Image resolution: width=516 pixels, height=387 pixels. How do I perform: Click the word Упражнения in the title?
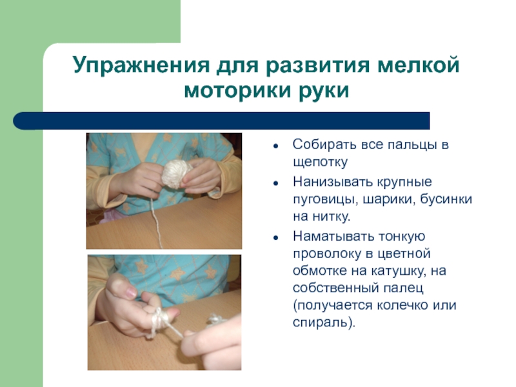point(141,65)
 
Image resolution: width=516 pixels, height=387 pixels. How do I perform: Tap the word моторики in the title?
point(237,90)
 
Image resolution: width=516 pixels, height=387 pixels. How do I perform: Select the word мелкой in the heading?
point(418,65)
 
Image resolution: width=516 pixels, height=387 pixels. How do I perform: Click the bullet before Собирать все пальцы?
point(275,146)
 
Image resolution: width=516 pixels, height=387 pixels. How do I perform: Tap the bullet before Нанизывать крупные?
point(275,183)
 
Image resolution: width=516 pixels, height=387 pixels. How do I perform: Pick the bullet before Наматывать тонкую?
point(275,237)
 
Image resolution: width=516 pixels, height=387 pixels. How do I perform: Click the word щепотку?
point(320,163)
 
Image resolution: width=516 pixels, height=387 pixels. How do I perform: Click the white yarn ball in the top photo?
point(176,173)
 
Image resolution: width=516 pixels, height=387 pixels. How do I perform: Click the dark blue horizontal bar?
point(221,121)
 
